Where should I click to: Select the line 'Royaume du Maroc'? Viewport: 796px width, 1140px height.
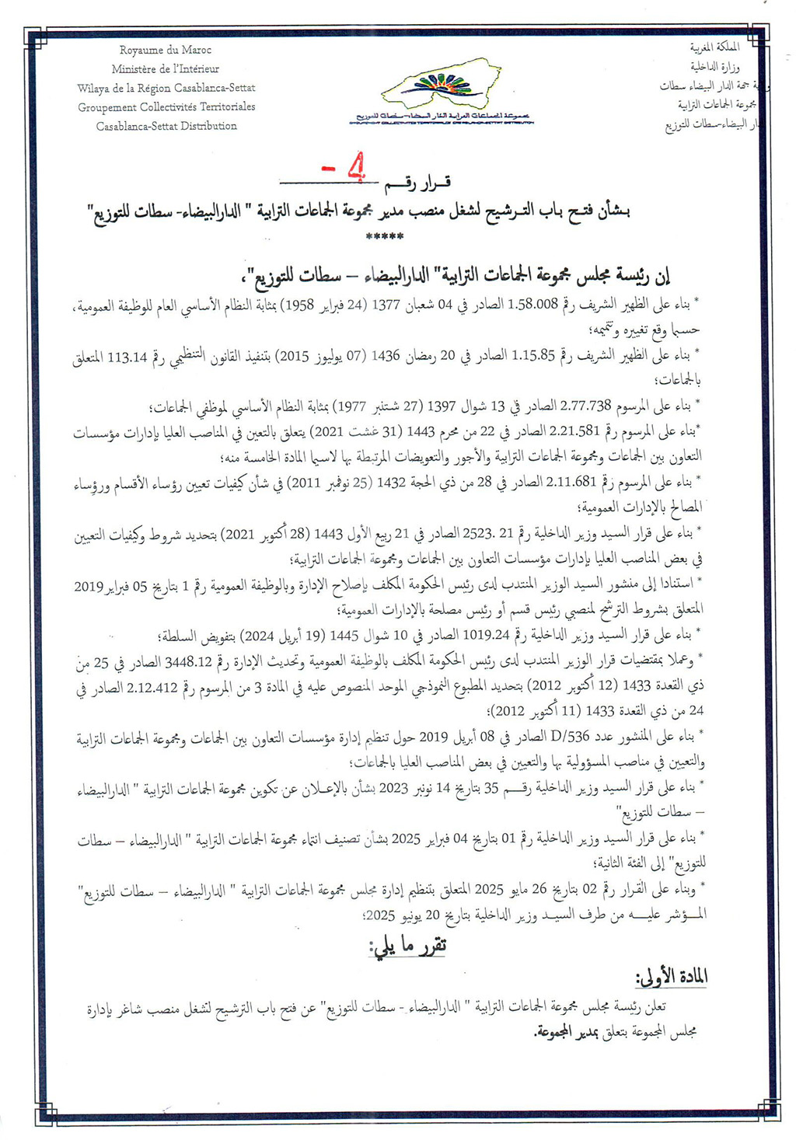(165, 51)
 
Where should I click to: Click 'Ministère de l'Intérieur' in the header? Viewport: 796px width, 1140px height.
(165, 69)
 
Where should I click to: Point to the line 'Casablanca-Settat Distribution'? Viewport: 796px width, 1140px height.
(166, 126)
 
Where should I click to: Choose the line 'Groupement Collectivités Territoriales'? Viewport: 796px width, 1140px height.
(166, 107)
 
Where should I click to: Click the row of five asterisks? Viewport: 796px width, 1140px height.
(386, 237)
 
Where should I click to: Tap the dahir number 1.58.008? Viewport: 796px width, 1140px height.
(533, 305)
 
